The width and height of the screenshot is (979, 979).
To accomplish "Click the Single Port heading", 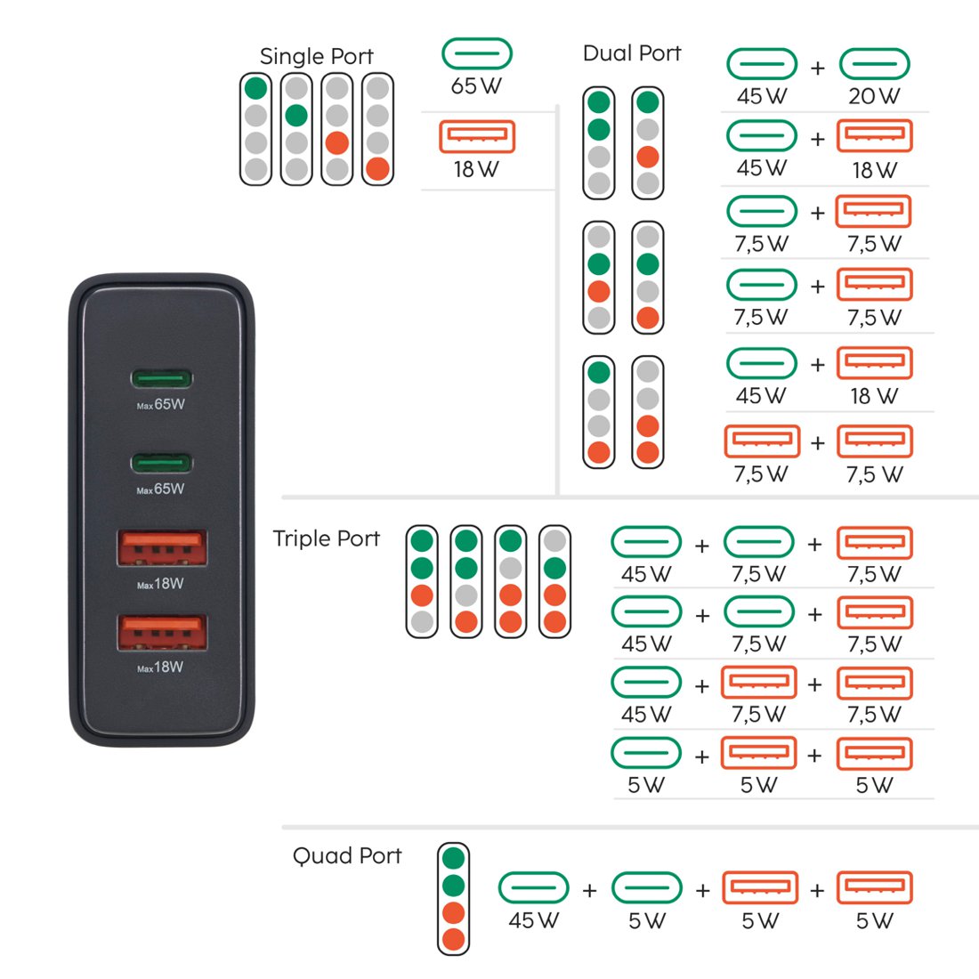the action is coord(317,56).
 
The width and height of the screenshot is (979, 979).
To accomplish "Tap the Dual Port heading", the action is coord(632,53).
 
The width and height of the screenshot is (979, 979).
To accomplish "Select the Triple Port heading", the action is coord(327,538).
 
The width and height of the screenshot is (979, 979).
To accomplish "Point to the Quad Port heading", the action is coord(347,855).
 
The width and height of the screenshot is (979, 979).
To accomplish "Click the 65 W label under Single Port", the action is coord(476,86).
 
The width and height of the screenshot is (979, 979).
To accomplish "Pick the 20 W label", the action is coord(874,96).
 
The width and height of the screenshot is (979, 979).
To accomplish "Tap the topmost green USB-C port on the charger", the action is coord(162,378).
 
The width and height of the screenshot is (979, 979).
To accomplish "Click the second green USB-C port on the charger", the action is coord(162,464).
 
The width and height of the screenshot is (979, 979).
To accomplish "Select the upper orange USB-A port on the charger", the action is coord(162,547).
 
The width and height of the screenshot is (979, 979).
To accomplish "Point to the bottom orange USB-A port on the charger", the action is coord(162,632).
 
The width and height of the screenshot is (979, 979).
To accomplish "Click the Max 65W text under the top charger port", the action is coord(160,405).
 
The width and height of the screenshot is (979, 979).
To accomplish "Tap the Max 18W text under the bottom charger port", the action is coord(160,667).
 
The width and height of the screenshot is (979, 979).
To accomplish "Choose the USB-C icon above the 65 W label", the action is coord(477,53).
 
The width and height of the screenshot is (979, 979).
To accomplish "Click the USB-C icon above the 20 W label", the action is coord(874,64).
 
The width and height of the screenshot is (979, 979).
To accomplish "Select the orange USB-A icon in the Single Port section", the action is coord(477,137).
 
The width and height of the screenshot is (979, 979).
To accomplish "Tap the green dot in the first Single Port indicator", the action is coord(255,88).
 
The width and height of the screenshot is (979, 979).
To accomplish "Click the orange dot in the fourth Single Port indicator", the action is coord(377,168).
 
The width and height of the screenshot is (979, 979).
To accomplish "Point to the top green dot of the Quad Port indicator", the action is coord(453,858).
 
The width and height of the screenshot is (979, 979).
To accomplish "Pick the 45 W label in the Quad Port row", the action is coord(533,919).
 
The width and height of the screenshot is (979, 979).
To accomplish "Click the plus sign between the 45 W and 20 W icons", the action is coord(818,68).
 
